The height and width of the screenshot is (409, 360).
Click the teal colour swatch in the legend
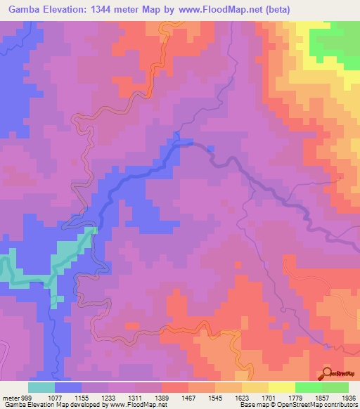point(41,387)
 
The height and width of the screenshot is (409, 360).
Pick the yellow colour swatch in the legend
point(281,387)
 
